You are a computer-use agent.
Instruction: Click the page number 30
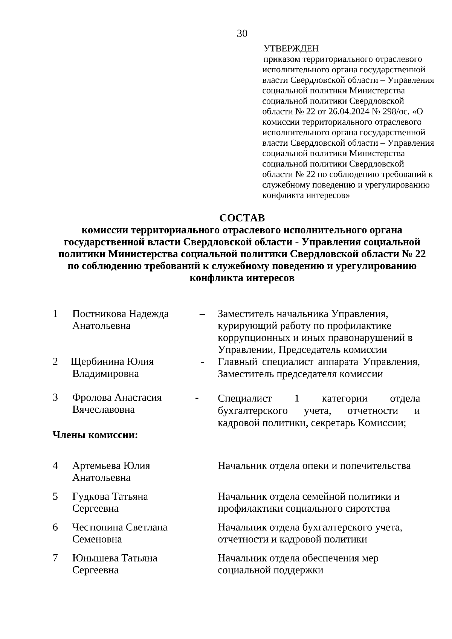(x=242, y=34)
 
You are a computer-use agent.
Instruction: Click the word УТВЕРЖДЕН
(x=291, y=49)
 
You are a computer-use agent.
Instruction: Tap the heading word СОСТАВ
(x=242, y=218)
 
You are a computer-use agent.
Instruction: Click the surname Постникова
(x=98, y=314)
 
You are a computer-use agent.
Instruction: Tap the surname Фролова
(x=92, y=397)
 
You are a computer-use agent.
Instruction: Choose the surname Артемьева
(x=96, y=466)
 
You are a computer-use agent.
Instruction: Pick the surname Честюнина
(x=96, y=528)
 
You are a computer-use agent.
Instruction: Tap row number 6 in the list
(x=55, y=528)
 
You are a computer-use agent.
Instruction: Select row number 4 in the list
(x=55, y=466)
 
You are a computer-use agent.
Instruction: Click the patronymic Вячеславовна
(x=103, y=409)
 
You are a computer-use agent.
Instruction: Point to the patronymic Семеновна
(x=97, y=540)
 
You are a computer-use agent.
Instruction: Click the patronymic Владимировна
(x=105, y=374)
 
